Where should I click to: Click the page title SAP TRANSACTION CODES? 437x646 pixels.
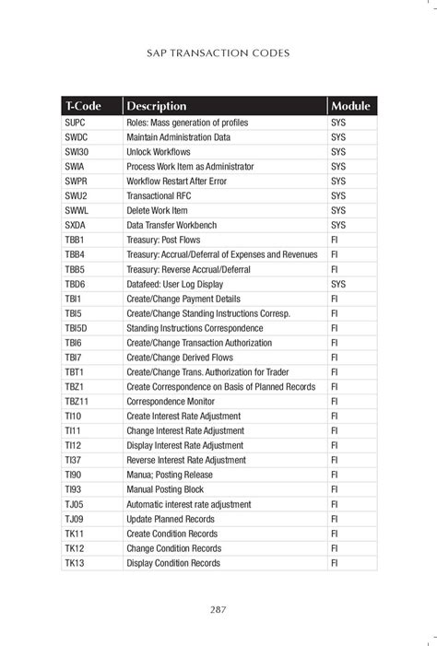click(x=218, y=53)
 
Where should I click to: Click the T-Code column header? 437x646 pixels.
click(x=83, y=106)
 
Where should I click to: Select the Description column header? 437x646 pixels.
click(x=157, y=106)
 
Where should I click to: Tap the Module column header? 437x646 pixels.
click(x=350, y=106)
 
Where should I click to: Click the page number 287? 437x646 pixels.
click(x=218, y=608)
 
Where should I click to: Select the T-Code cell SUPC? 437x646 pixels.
click(x=76, y=123)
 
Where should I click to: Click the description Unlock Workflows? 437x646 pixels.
click(x=159, y=152)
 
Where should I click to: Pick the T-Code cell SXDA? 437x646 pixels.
click(x=76, y=225)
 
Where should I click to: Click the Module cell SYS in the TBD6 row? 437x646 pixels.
click(x=338, y=284)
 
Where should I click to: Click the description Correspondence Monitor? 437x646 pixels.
click(x=172, y=402)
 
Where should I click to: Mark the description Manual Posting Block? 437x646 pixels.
click(x=171, y=489)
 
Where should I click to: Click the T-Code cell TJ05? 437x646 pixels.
click(x=75, y=504)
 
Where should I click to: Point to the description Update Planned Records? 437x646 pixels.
click(x=171, y=519)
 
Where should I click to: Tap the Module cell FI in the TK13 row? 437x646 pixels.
click(x=335, y=563)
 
